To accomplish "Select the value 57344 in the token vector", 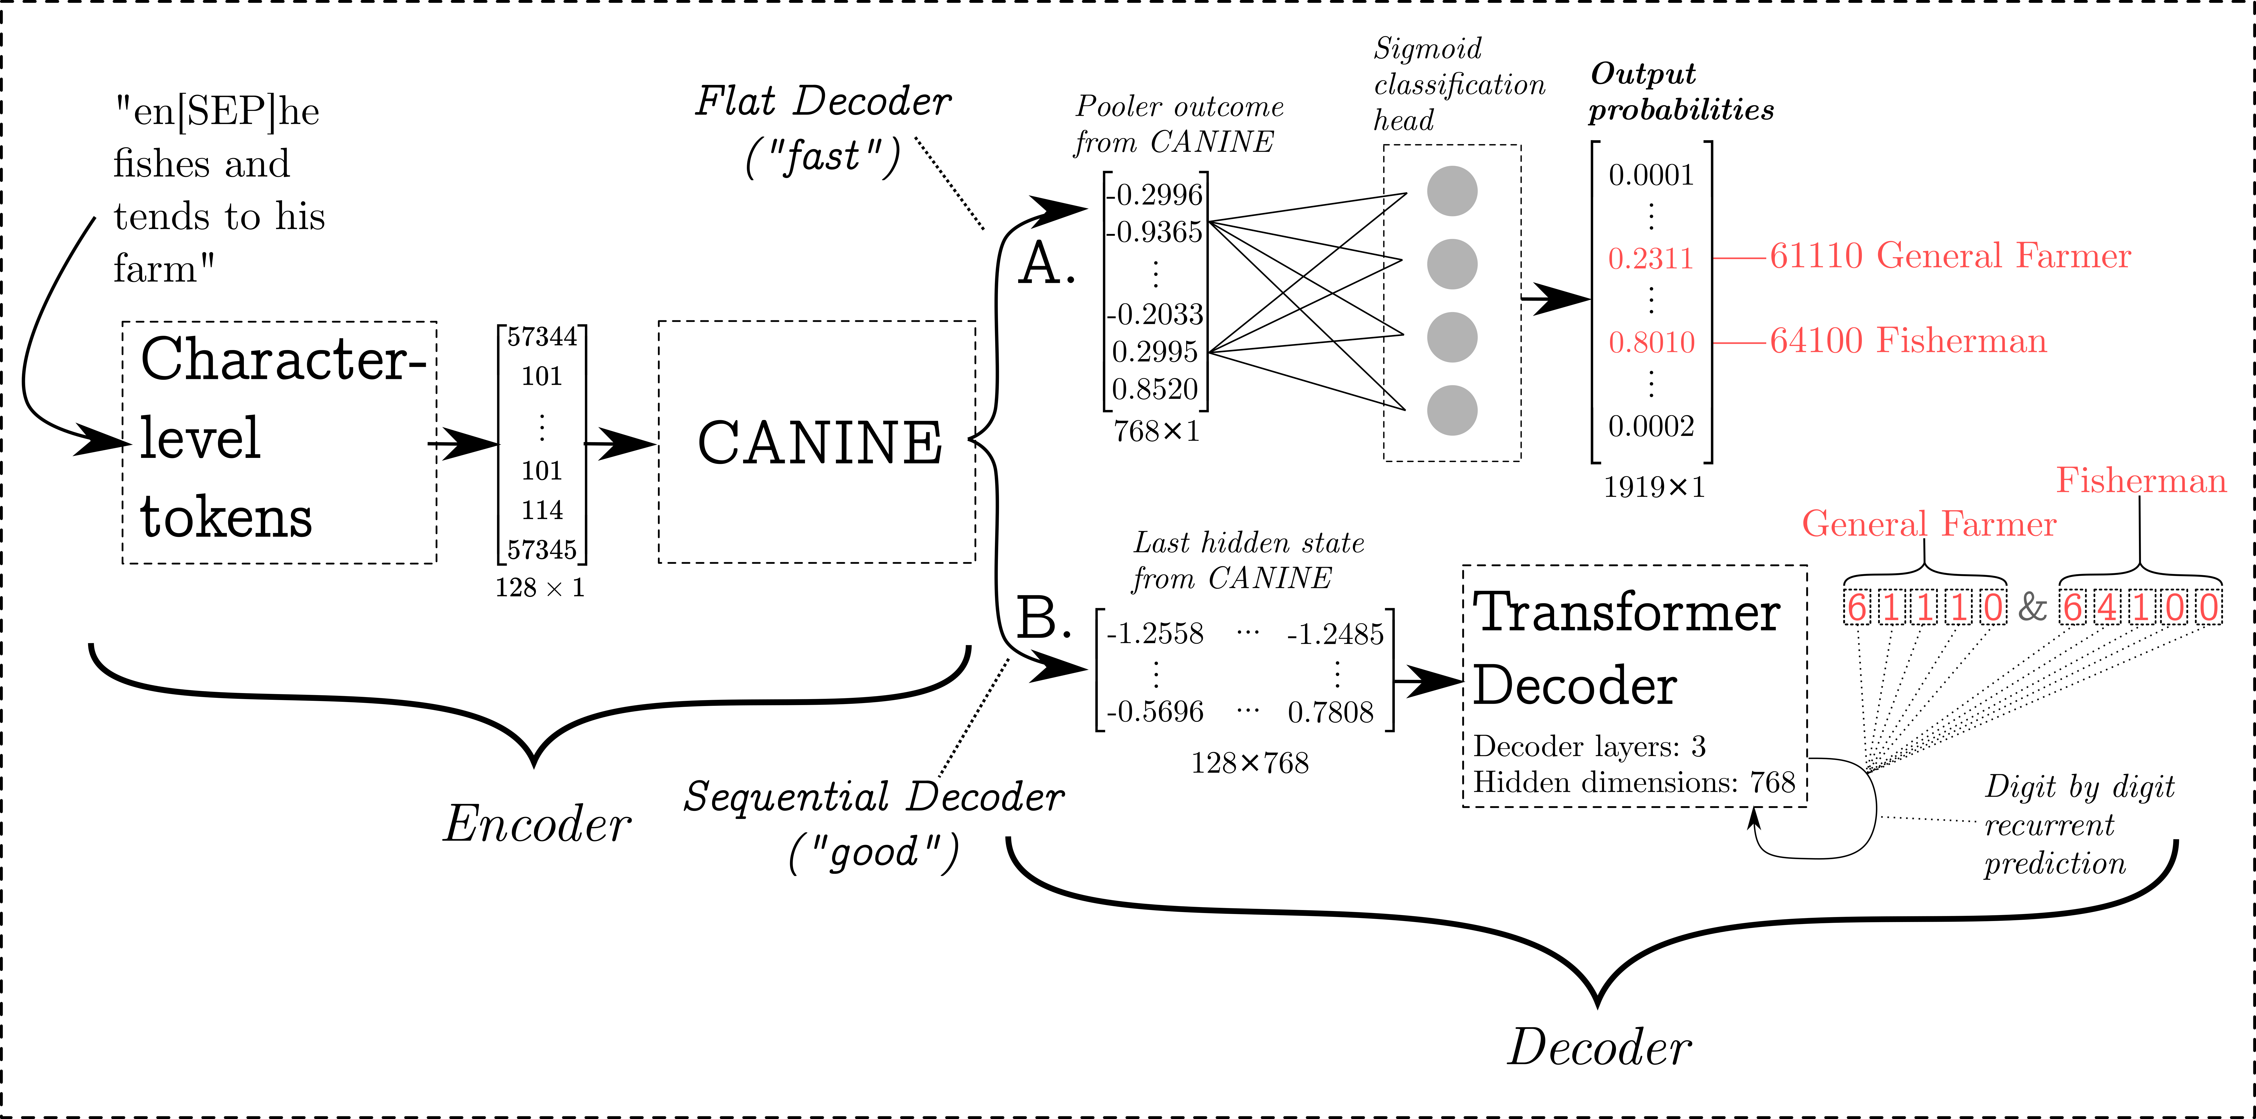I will click(x=542, y=337).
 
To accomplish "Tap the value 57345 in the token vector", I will click(x=542, y=550).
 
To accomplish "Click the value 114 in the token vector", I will click(x=542, y=510).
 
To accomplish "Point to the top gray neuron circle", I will click(x=1452, y=191).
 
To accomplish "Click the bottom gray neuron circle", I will click(x=1452, y=410).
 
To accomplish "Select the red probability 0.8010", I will click(x=1652, y=342).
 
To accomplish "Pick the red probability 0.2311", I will click(x=1652, y=258).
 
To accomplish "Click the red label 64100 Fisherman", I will click(x=1908, y=341).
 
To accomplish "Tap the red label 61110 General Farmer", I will click(x=1949, y=256).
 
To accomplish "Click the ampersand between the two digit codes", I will click(x=2032, y=606).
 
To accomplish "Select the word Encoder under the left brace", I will click(x=536, y=825).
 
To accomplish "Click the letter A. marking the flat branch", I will click(x=1046, y=264).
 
